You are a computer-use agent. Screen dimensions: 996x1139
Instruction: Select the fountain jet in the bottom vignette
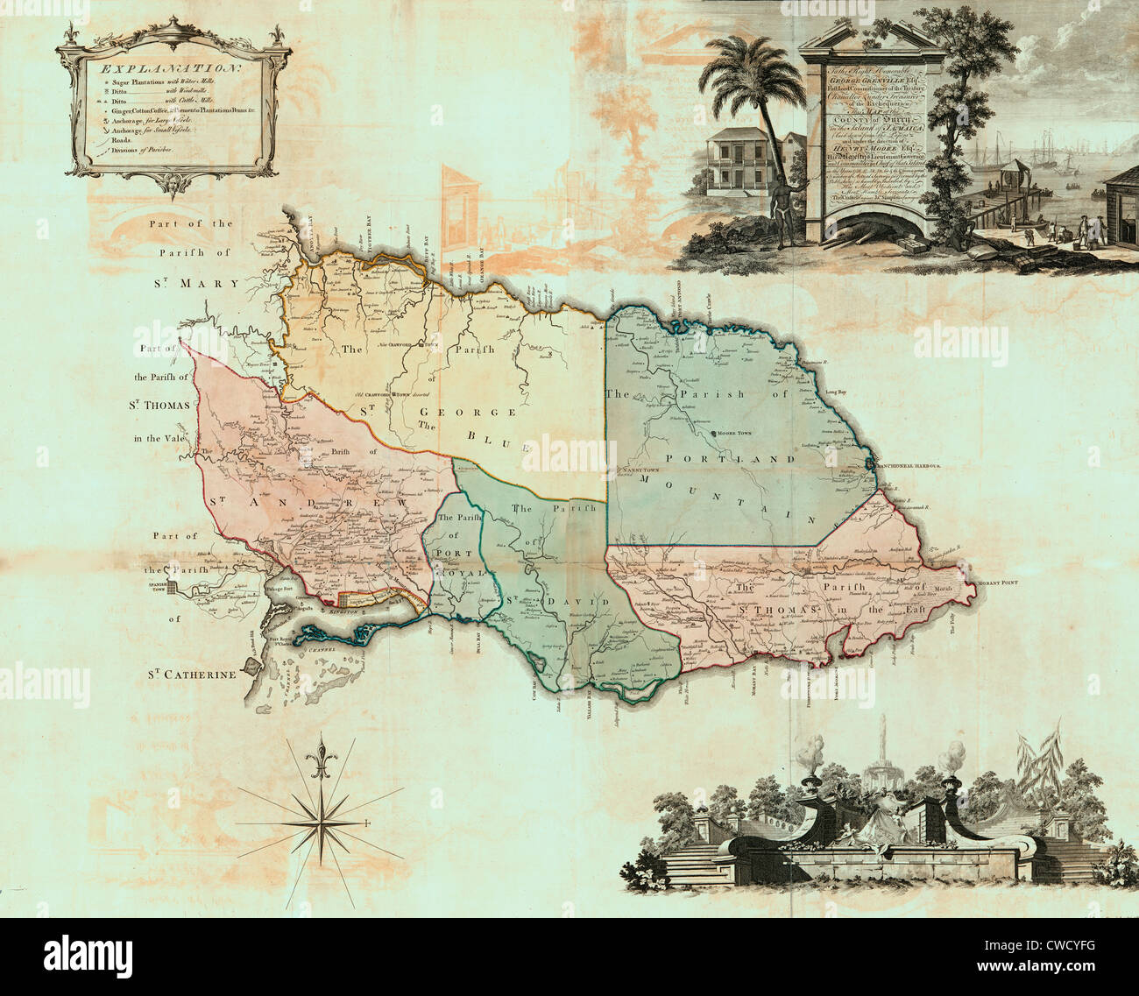pyautogui.click(x=888, y=740)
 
